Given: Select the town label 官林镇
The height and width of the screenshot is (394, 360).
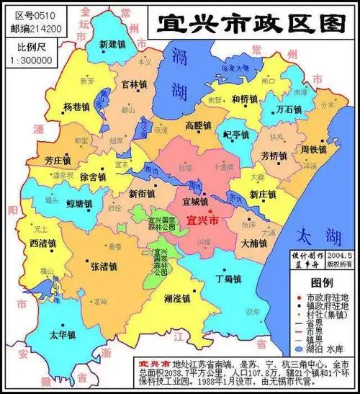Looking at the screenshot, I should coord(135,84).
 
